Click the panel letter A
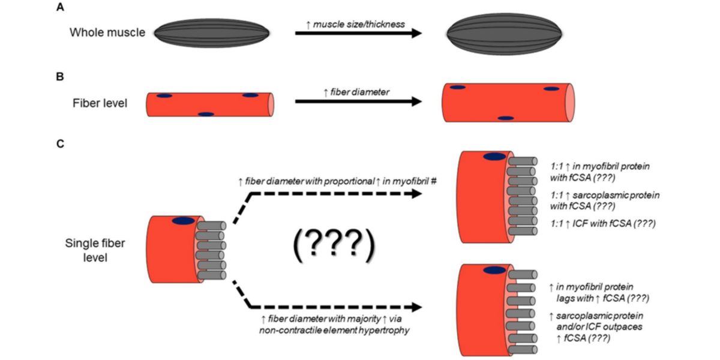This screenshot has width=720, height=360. click(59, 8)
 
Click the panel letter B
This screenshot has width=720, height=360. click(59, 77)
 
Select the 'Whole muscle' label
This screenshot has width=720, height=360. click(107, 32)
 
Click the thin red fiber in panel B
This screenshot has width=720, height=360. click(210, 104)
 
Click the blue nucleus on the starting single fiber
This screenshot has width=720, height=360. click(183, 221)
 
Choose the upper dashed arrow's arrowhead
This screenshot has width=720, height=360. click(414, 193)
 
